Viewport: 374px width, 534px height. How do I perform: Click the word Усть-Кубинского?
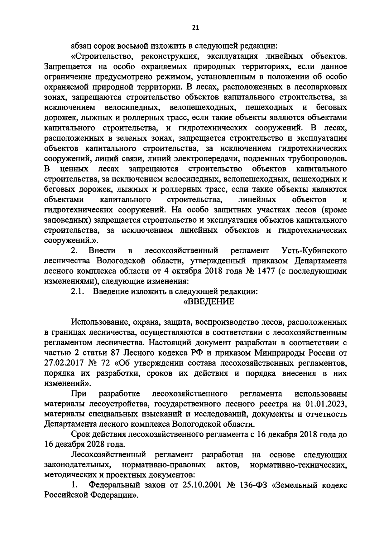click(314, 250)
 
